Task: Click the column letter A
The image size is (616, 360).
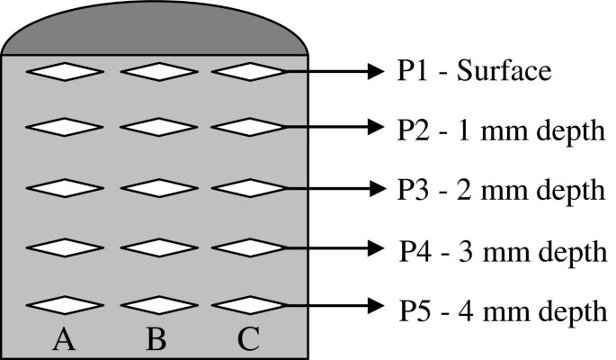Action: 62,338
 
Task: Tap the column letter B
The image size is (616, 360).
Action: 155,338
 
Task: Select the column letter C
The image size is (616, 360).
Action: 249,338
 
